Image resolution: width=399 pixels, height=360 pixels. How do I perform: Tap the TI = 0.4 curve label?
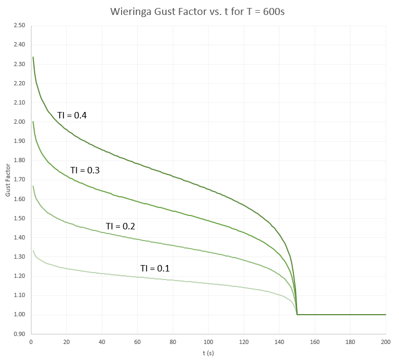(x=72, y=115)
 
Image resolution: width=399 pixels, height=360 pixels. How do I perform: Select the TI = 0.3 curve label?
(x=85, y=170)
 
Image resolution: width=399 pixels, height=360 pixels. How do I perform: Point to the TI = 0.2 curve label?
(x=120, y=226)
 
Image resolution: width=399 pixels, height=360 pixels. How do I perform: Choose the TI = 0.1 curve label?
(x=155, y=268)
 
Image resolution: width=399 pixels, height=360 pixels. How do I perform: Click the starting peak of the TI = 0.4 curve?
(x=33, y=57)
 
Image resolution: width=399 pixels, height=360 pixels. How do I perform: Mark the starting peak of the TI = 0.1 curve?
(x=33, y=251)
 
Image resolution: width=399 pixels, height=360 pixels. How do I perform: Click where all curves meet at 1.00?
(x=297, y=314)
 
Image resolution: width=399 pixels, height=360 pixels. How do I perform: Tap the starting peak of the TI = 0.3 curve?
(x=33, y=122)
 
